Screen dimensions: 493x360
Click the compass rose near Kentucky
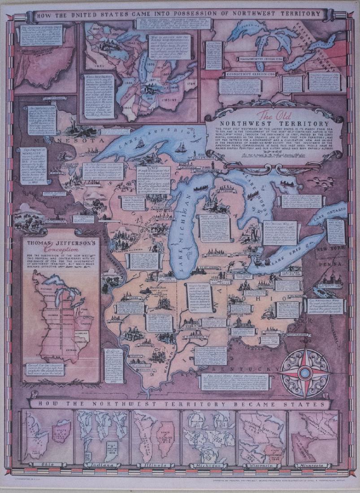pos(306,372)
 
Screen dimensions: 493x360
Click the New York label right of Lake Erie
pos(328,249)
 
